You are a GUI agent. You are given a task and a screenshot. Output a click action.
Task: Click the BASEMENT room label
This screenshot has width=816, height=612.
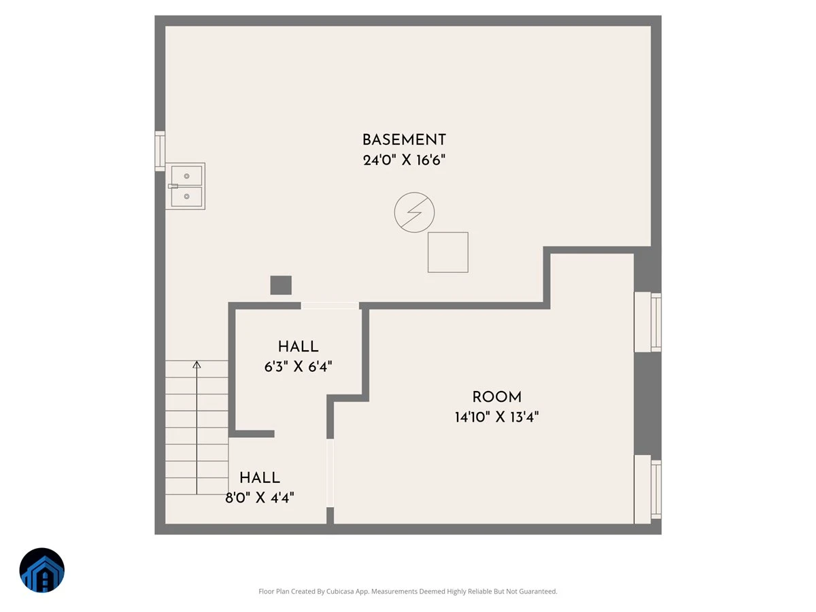404,140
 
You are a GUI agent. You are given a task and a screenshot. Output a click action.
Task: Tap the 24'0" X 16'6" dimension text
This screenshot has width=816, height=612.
404,160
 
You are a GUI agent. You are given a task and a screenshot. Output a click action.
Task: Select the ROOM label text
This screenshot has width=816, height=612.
496,397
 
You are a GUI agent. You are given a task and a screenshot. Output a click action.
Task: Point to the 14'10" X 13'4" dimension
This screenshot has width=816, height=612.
496,417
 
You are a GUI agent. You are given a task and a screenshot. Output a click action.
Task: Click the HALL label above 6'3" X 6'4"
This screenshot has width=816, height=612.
298,347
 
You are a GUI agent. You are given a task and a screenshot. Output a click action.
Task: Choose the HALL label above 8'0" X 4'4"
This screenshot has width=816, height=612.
260,477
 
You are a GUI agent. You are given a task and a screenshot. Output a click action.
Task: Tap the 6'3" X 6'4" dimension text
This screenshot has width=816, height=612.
298,367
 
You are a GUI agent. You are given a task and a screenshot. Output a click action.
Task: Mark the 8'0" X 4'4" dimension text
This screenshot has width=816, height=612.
260,498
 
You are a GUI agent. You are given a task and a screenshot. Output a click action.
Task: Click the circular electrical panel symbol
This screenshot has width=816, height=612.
415,212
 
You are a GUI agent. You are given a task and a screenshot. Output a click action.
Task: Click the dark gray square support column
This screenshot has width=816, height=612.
281,285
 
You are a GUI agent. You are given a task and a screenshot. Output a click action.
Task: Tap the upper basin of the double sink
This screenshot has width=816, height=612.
186,175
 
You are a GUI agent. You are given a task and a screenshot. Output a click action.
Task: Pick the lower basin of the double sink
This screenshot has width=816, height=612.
186,197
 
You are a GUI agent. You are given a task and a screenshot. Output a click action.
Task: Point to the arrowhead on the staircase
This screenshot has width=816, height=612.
197,364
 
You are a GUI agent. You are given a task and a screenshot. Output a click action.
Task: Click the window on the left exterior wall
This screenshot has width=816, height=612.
160,151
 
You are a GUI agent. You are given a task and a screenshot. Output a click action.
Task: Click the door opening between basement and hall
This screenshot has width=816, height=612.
330,305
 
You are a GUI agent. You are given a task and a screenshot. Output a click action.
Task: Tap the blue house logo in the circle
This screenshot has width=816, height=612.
42,570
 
